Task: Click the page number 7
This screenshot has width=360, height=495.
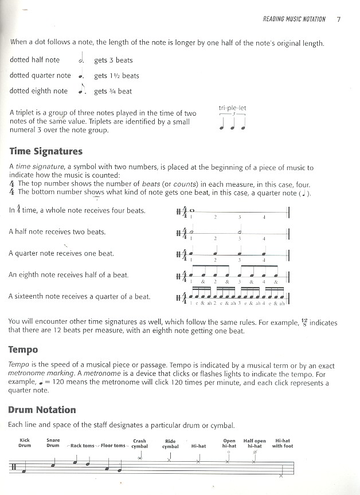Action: (339, 19)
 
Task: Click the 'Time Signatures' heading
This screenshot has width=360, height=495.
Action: (46, 152)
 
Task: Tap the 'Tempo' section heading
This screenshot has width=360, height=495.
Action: (23, 349)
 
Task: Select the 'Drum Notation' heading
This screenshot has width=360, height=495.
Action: (42, 410)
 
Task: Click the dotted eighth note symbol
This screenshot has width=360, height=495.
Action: (80, 89)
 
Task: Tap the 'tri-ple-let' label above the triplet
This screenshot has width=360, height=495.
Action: (232, 108)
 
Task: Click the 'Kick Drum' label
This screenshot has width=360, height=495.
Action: (24, 443)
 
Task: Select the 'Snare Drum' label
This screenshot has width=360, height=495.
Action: (53, 443)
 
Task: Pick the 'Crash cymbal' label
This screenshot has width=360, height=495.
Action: (139, 443)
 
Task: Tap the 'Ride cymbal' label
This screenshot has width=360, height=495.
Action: (170, 443)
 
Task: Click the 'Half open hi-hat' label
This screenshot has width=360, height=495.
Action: (255, 443)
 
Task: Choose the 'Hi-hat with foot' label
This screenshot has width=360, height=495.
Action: (282, 443)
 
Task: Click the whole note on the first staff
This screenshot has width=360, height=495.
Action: (192, 210)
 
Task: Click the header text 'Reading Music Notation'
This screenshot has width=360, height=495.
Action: (294, 19)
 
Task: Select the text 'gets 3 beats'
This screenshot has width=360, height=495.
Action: (114, 60)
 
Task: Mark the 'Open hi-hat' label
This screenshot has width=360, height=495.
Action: (229, 443)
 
